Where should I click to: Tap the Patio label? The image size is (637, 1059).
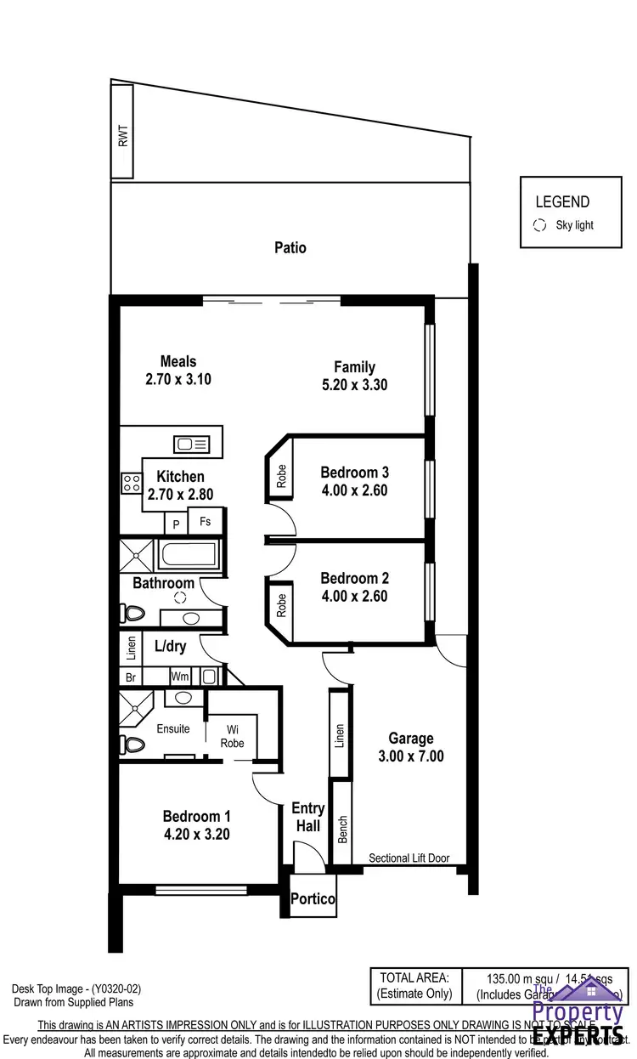290,248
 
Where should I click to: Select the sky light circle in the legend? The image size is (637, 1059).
538,225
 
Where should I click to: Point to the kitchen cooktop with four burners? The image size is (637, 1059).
132,484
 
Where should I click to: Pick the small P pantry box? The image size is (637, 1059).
176,524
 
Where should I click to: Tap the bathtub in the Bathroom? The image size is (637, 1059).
188,554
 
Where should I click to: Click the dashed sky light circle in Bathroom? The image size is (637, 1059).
180,597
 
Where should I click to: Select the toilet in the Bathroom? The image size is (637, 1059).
133,612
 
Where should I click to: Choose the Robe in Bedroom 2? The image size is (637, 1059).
281,604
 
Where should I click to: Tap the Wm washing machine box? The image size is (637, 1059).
180,677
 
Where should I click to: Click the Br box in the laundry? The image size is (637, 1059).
130,677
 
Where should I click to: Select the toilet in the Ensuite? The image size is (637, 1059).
133,745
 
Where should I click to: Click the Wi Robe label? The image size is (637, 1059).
232,736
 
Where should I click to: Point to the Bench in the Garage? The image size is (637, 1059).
341,822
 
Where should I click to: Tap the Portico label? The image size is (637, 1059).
313,899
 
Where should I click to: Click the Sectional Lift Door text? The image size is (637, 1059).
409,858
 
